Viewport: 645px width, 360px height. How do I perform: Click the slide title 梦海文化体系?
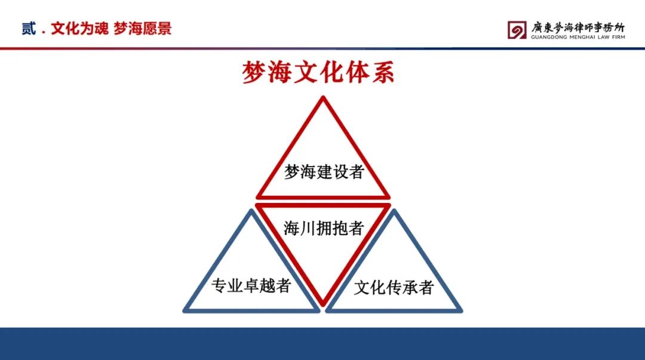click(x=318, y=72)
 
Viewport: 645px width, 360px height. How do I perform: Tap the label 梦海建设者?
click(x=324, y=171)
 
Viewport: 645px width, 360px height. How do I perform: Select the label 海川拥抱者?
click(x=324, y=228)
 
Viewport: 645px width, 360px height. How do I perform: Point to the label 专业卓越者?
click(x=251, y=285)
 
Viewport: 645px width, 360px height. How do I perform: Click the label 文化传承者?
click(x=394, y=287)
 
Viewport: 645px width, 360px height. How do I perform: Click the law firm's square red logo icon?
click(x=517, y=30)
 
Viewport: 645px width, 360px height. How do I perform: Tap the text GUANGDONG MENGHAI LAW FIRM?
click(x=578, y=37)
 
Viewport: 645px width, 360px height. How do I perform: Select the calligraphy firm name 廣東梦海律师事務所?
click(x=578, y=27)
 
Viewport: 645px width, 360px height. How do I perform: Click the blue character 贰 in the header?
click(x=29, y=29)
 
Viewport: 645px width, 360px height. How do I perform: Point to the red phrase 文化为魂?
click(x=80, y=29)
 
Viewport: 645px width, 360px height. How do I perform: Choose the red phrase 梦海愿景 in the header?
click(x=142, y=29)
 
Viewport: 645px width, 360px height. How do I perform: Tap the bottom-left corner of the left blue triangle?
click(x=185, y=310)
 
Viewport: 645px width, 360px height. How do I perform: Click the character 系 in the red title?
click(x=383, y=72)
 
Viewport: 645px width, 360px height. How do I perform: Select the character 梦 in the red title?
click(x=253, y=72)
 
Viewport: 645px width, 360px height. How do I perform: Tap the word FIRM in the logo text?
click(x=619, y=37)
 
